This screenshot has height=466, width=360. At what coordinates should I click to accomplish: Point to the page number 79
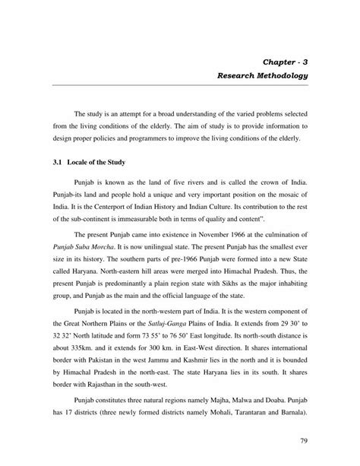coord(307,439)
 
